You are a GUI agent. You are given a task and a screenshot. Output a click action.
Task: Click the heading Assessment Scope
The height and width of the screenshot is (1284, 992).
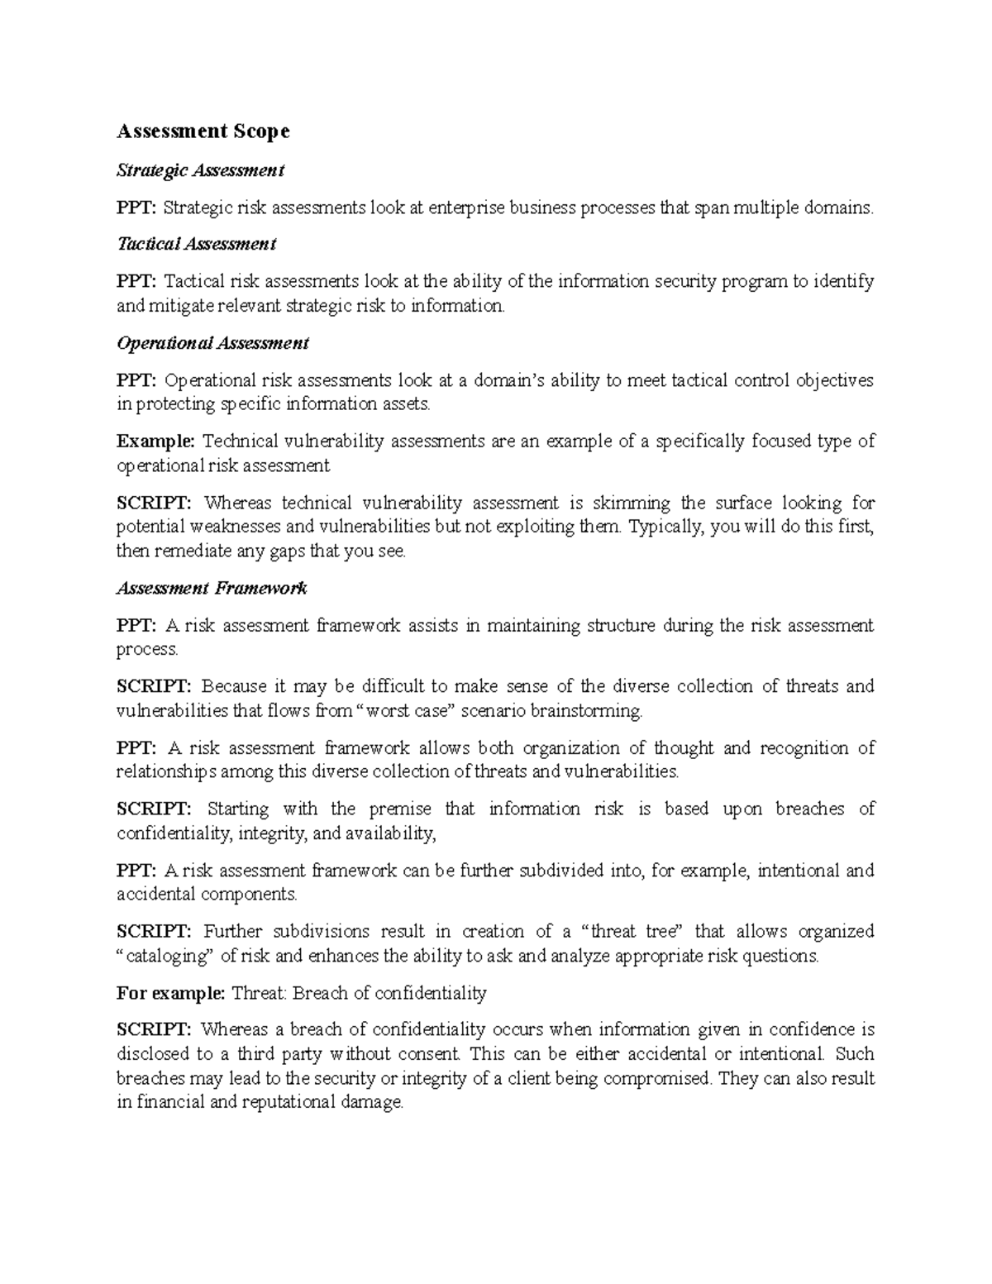tap(203, 131)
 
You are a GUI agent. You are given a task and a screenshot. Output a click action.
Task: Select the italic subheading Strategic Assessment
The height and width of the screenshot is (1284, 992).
tap(200, 170)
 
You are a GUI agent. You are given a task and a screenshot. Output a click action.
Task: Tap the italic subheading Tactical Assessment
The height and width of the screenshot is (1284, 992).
tap(196, 244)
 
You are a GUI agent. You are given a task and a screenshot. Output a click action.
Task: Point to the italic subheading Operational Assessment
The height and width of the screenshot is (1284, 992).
tap(212, 342)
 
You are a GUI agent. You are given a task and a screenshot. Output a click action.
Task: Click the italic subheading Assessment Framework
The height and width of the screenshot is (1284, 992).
tap(212, 588)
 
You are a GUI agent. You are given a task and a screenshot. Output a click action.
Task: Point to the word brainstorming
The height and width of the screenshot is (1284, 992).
tap(586, 710)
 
